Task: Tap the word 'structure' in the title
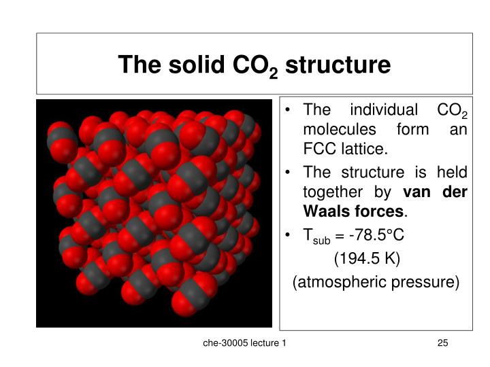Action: pos(338,65)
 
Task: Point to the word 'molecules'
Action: pos(336,129)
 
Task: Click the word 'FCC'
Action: pos(318,147)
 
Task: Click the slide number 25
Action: pos(442,345)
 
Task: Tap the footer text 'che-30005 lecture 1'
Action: pos(244,345)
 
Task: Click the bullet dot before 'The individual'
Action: pos(291,111)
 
